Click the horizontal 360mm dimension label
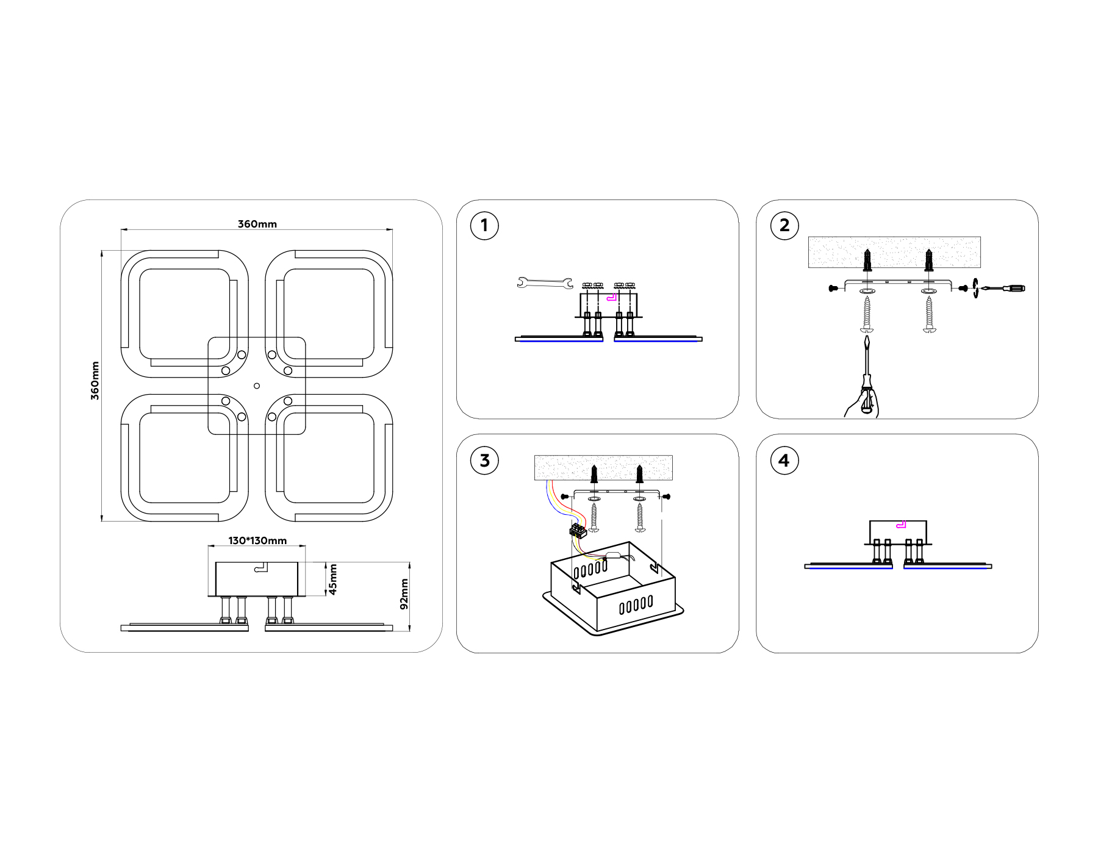[x=257, y=224]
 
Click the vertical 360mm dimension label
[x=95, y=381]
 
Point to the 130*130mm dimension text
[x=257, y=540]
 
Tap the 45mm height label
[x=333, y=579]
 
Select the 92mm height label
[x=404, y=594]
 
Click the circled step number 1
[x=484, y=226]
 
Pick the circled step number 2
[x=784, y=226]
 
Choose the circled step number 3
[x=484, y=461]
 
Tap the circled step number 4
[x=784, y=461]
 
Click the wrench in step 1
[x=545, y=282]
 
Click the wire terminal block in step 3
[x=578, y=530]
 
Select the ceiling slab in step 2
[x=894, y=251]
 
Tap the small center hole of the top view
[x=257, y=386]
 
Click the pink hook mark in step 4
[x=901, y=525]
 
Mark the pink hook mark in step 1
[x=612, y=298]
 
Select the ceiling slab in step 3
[x=603, y=467]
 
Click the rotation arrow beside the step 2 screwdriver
[x=975, y=288]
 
